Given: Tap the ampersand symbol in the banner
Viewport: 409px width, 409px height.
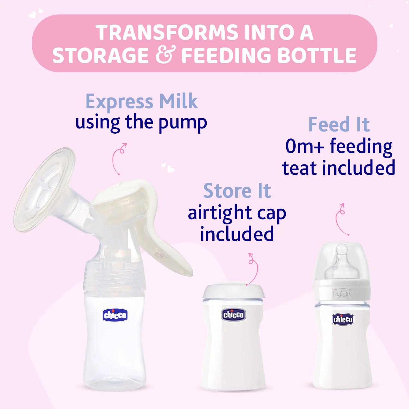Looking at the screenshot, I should (165, 55).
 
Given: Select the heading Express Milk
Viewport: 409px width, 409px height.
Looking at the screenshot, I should (142, 101).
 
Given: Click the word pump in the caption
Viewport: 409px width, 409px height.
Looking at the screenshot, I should (183, 123).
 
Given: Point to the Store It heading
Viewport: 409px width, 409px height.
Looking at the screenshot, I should (237, 191).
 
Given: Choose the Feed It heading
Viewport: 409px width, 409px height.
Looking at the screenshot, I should (339, 125).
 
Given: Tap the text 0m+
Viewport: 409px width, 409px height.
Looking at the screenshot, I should (304, 146).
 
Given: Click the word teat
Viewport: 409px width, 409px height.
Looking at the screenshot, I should (300, 168).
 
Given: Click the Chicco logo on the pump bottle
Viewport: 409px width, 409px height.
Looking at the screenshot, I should (115, 315).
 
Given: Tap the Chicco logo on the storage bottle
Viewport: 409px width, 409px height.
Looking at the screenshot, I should (233, 315).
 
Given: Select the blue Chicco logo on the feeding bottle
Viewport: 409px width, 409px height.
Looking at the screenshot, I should (343, 319).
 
